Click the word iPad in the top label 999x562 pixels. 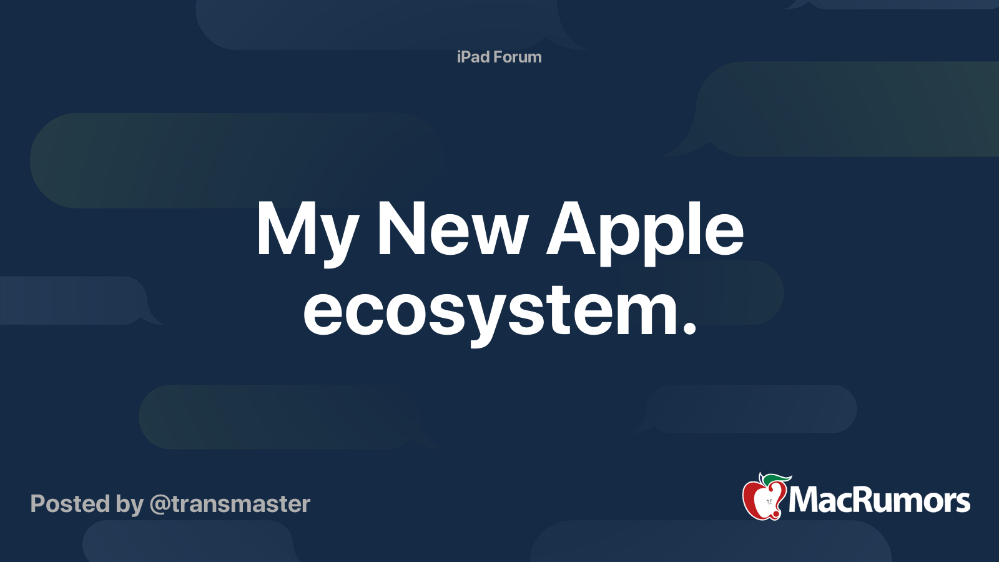pyautogui.click(x=473, y=57)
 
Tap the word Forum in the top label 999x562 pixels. pyautogui.click(x=518, y=57)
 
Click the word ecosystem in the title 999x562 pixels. pyautogui.click(x=490, y=311)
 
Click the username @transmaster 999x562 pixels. pyautogui.click(x=230, y=504)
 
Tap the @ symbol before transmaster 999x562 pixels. pyautogui.click(x=160, y=505)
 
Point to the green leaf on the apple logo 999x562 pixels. pyautogui.click(x=776, y=479)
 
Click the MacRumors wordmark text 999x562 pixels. pyautogui.click(x=879, y=500)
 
